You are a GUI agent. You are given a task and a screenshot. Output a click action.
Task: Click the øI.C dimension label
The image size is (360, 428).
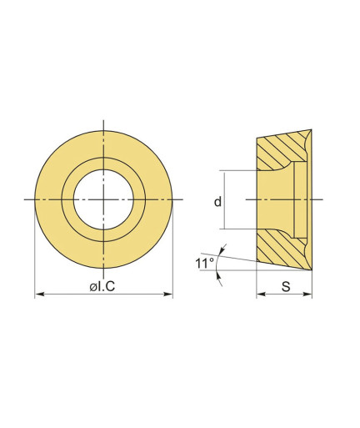tap(102, 286)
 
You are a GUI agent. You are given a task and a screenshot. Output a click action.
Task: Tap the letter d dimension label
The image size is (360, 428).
tap(217, 201)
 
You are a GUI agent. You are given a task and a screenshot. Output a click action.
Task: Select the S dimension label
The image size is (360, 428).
tap(286, 286)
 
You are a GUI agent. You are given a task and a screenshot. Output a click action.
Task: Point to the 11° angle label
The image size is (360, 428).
tap(204, 263)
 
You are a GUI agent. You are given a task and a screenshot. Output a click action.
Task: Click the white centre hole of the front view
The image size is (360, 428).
tap(103, 199)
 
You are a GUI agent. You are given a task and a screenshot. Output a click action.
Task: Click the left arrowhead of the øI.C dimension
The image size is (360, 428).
tap(39, 294)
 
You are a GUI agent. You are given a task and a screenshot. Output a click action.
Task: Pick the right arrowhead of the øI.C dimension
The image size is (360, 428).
tap(168, 294)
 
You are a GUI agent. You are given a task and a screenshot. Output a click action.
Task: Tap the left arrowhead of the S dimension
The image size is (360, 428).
tap(261, 294)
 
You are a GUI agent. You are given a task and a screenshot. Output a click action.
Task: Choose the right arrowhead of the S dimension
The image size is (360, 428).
tap(307, 294)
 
